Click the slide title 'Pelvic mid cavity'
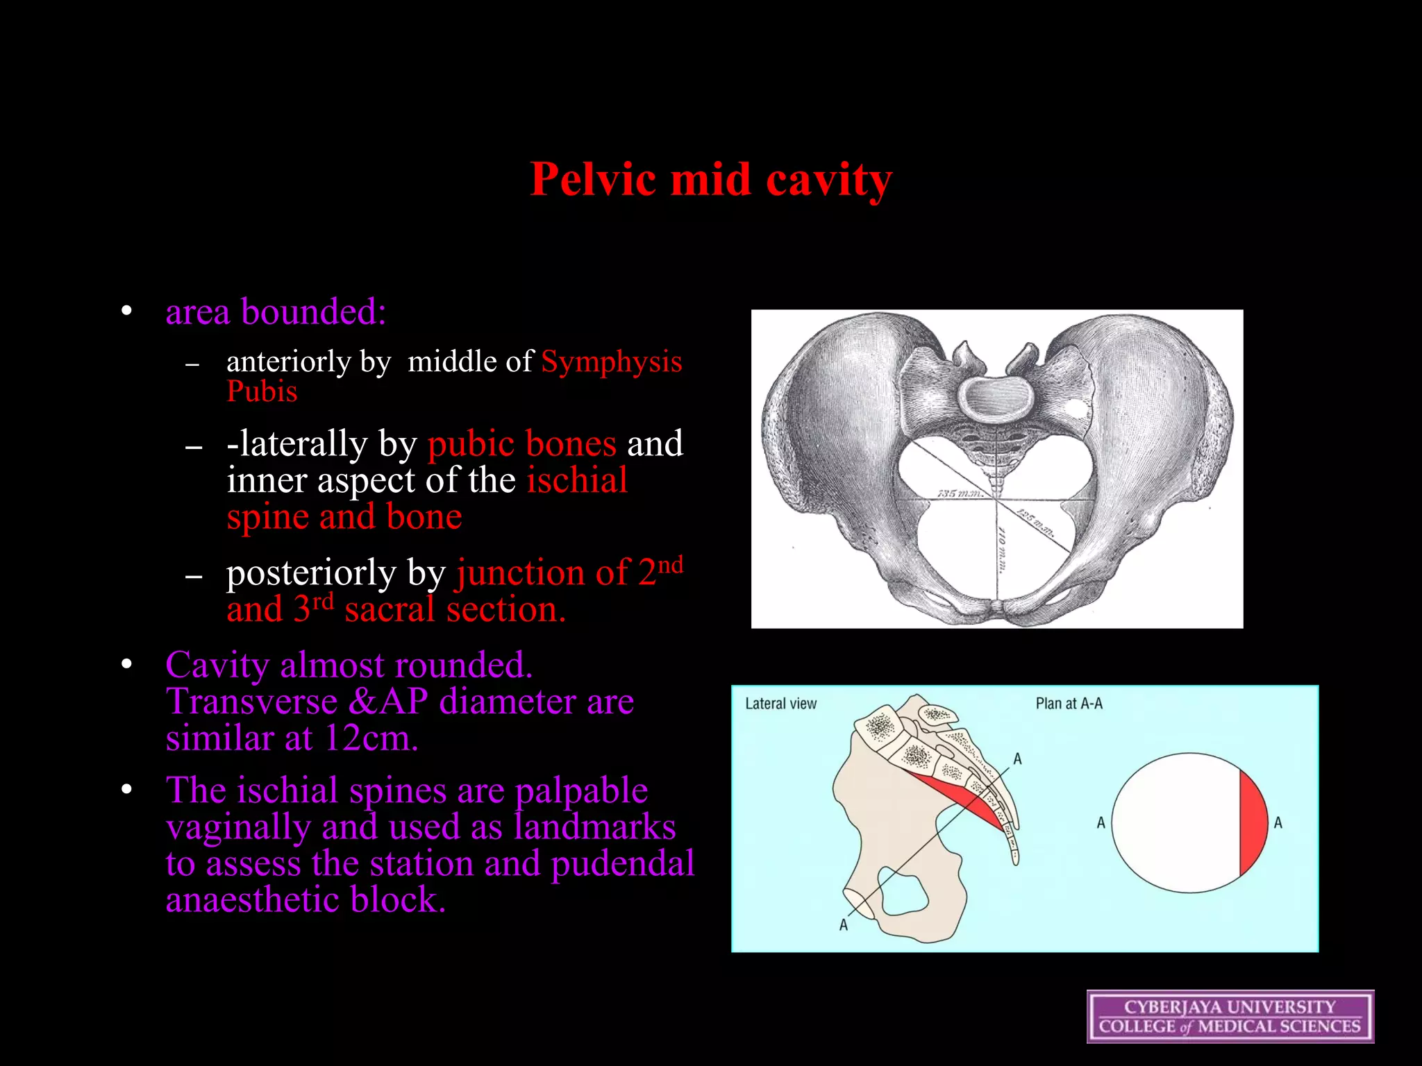(x=711, y=180)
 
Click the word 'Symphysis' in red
(x=611, y=362)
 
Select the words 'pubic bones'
(x=521, y=443)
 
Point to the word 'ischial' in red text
(x=576, y=480)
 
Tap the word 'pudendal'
(x=622, y=863)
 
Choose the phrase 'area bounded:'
(x=276, y=312)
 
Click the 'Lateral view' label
(x=780, y=704)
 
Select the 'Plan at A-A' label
(x=1069, y=704)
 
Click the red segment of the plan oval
(x=1253, y=823)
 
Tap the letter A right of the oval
(x=1278, y=823)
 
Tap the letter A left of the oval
(x=1101, y=823)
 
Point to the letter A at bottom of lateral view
(x=844, y=925)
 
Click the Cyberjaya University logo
(x=1230, y=1017)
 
